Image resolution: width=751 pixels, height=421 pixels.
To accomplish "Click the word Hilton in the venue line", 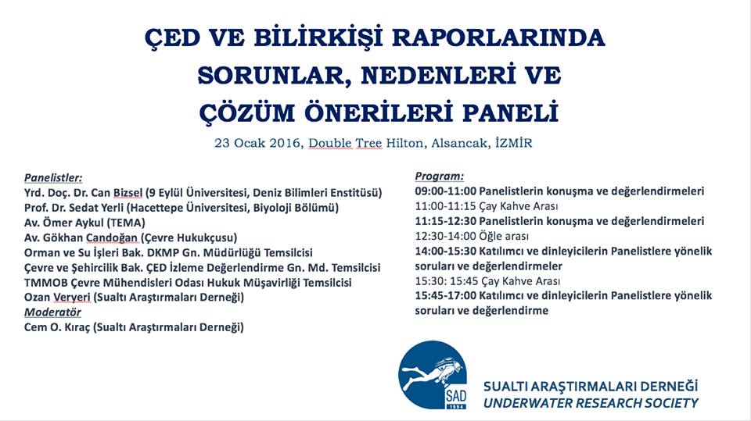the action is (404, 143).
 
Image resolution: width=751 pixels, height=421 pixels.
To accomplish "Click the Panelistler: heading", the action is (53, 178).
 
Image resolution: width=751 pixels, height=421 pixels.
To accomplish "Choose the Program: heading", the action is (439, 177).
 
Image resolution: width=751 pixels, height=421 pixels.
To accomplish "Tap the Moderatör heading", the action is (52, 312).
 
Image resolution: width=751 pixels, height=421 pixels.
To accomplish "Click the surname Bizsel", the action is (128, 193).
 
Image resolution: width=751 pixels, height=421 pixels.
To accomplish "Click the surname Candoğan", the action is (112, 237).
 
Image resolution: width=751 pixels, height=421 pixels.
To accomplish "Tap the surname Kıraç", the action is (77, 328).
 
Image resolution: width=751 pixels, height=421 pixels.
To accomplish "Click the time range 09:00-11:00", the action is (445, 191).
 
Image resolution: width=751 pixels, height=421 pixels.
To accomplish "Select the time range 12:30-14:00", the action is (445, 236).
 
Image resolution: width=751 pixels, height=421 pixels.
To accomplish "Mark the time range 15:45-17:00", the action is (445, 296).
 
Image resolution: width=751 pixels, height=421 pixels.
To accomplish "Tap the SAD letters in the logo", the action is (455, 396).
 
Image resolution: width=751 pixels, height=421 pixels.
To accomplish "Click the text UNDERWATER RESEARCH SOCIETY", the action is (591, 403).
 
